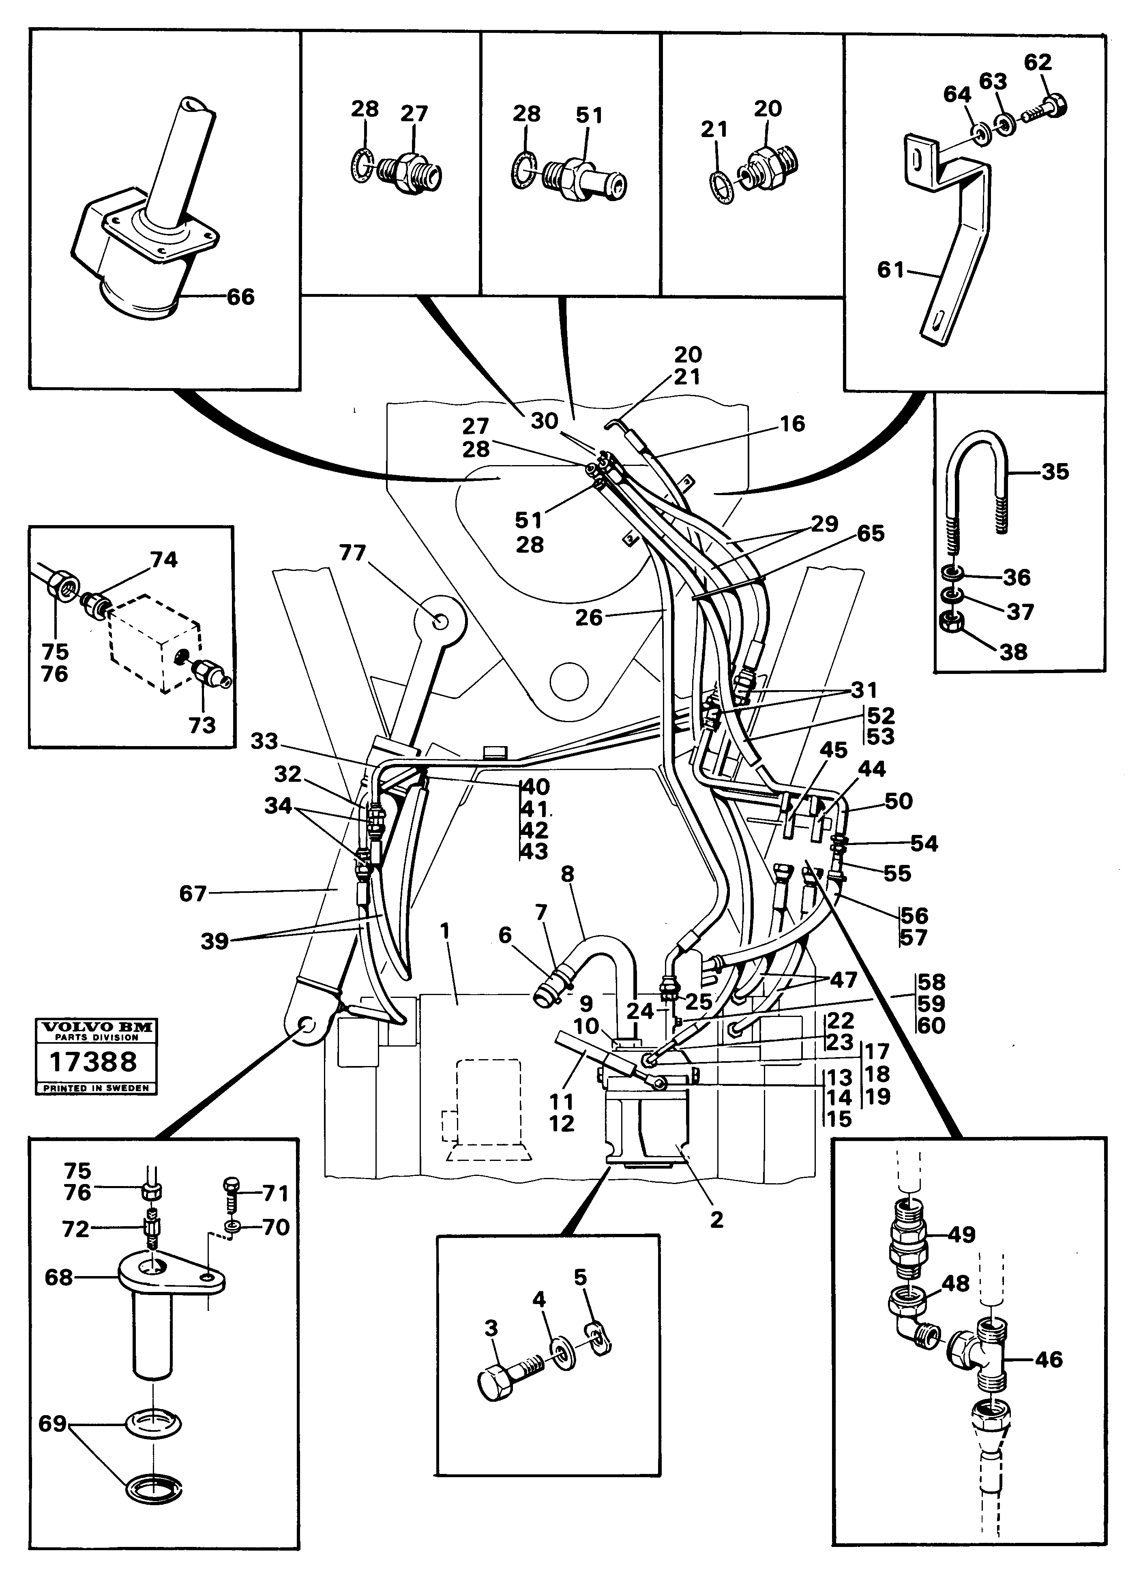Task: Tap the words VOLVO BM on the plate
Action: tap(96, 1028)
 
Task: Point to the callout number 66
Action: tap(240, 297)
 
